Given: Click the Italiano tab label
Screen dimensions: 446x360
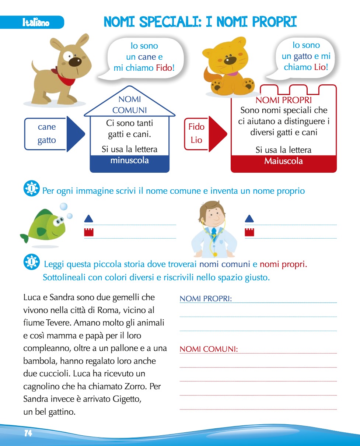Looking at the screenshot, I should tap(35, 23).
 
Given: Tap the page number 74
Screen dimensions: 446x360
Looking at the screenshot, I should tap(28, 433).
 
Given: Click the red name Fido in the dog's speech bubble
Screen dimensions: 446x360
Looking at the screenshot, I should tap(164, 68).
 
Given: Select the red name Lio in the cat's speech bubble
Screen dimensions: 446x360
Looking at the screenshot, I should tap(320, 67).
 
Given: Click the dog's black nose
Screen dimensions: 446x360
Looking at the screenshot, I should tap(75, 61).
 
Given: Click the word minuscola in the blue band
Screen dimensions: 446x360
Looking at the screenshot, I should tap(129, 161).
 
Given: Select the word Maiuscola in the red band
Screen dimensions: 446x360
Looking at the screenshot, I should tap(283, 161).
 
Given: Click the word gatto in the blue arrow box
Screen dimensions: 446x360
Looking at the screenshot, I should tap(46, 140).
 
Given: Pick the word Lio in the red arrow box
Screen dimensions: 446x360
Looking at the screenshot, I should tap(196, 140).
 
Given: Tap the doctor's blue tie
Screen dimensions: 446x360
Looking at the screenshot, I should tap(214, 232).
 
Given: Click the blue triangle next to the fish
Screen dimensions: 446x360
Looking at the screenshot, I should tap(89, 219).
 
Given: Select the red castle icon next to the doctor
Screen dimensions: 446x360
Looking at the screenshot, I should tap(249, 232).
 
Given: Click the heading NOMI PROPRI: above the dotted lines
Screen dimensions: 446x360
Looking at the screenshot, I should tap(206, 299).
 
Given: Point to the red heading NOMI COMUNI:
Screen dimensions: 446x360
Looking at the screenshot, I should tap(209, 349).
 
